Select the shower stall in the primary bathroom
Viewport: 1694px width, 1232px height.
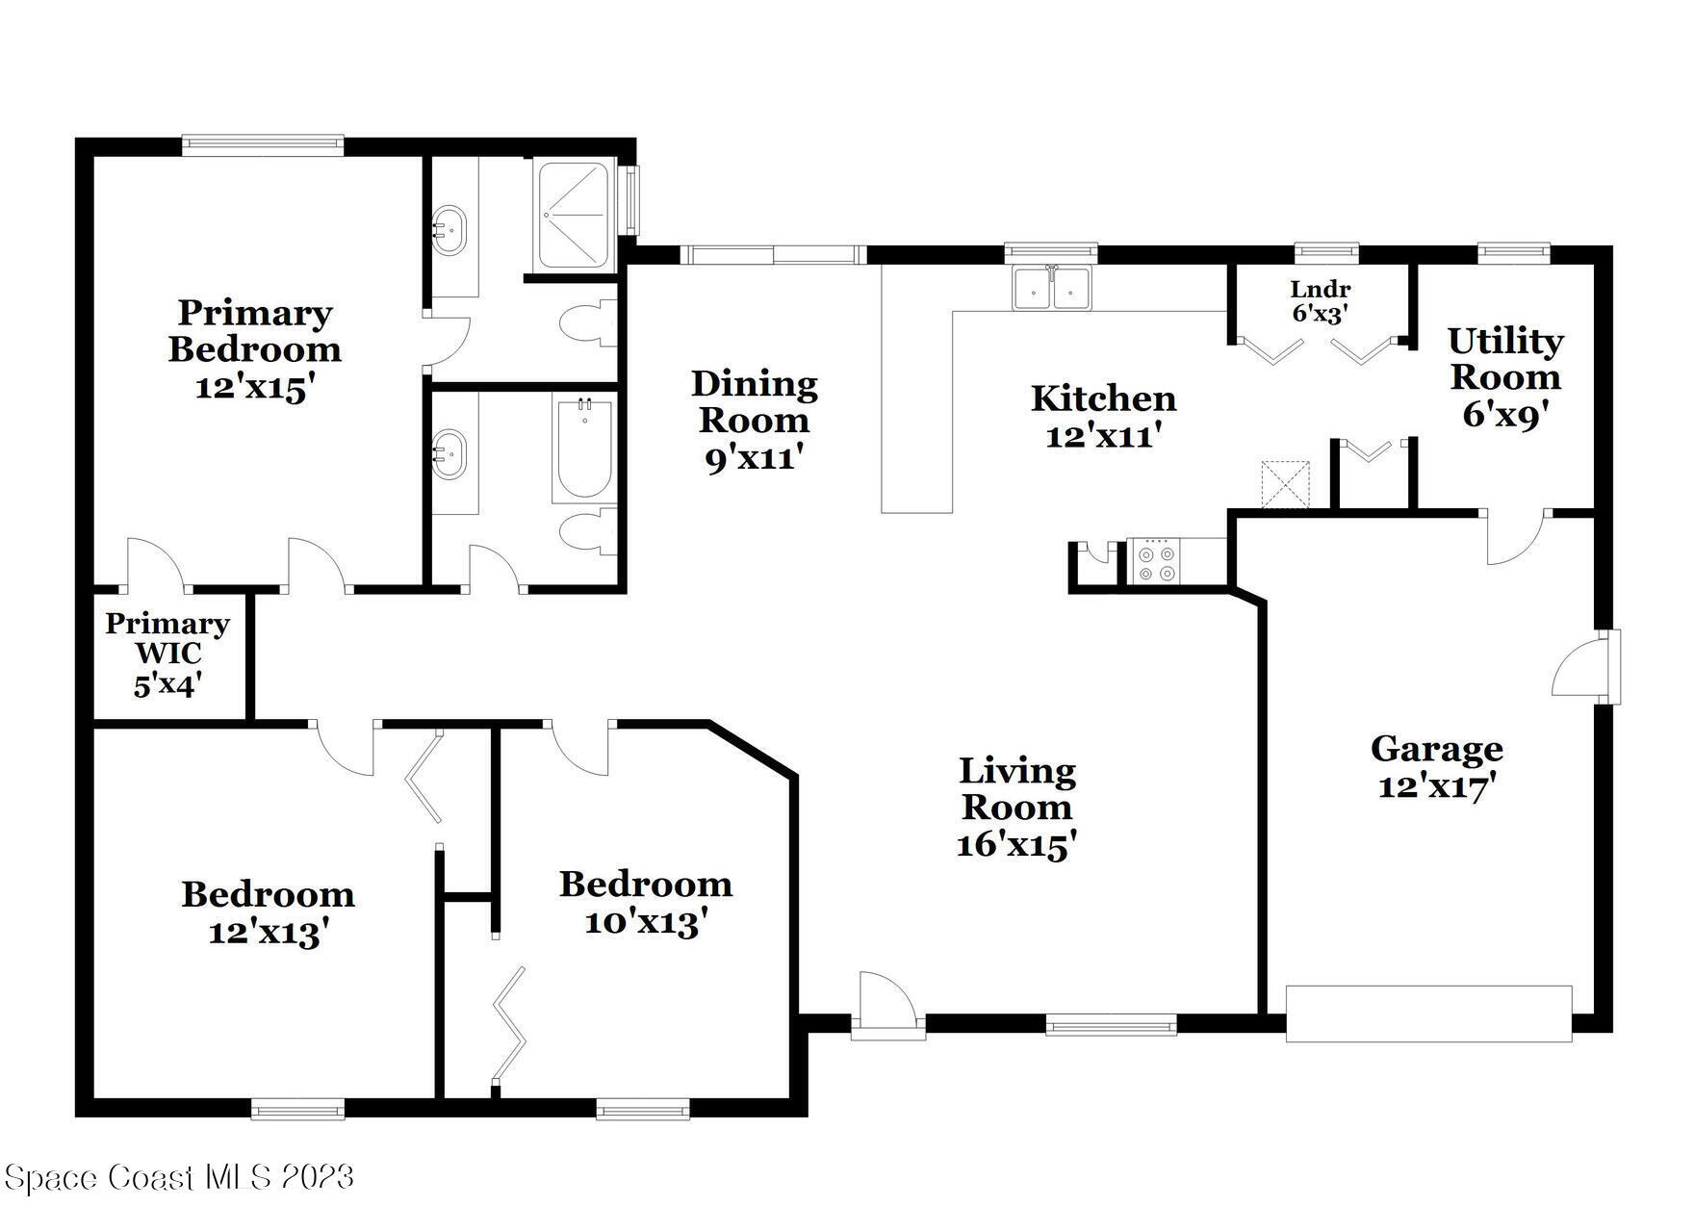pos(573,216)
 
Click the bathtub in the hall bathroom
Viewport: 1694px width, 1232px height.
pos(583,449)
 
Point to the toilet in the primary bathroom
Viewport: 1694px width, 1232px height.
pos(586,324)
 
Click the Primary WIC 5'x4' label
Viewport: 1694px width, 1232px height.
pos(167,654)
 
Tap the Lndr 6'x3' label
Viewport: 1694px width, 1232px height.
pos(1320,301)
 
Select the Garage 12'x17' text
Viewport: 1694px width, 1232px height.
pos(1436,767)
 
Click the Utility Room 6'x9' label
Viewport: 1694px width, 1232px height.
pos(1505,376)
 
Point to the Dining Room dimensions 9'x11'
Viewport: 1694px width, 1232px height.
pos(754,458)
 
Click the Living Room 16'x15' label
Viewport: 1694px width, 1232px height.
pos(1016,808)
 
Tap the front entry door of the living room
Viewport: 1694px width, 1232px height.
pos(886,1006)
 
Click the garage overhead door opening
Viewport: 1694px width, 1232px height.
pos(1428,1014)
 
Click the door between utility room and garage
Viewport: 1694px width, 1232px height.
pos(1515,535)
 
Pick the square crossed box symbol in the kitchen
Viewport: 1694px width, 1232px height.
pos(1286,484)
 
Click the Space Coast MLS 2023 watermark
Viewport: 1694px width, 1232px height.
pos(179,1177)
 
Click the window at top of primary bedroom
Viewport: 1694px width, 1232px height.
pos(263,145)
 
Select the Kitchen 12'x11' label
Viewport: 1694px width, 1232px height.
pos(1103,417)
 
